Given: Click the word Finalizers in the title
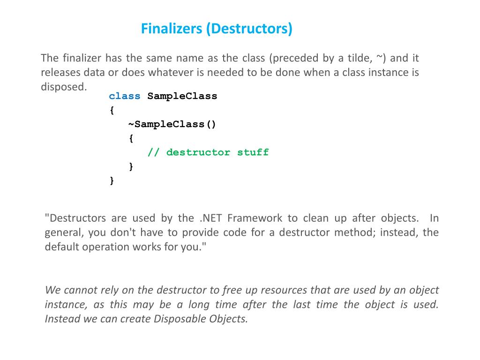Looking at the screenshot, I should point(171,29).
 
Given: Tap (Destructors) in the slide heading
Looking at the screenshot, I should point(248,29).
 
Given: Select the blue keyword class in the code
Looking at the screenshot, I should point(125,96).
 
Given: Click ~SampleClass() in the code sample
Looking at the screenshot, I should point(172,124).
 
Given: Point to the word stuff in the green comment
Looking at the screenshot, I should point(253,152).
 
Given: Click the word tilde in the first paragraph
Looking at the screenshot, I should point(359,58).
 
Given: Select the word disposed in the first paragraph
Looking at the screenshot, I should point(63,87).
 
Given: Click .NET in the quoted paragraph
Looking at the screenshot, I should point(210,218).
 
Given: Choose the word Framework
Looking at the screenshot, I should point(255,218).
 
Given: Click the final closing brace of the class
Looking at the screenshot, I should point(112,180).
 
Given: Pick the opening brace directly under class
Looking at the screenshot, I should point(112,111).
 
